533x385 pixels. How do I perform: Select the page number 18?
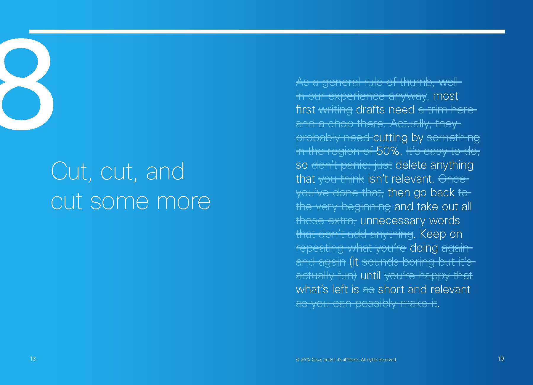pos(33,359)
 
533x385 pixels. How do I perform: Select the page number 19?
pos(501,359)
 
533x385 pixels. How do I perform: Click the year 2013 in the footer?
pos(305,360)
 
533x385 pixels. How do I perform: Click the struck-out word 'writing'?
pos(335,110)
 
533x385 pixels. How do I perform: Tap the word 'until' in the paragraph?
pos(370,276)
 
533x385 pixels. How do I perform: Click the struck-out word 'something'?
pos(453,138)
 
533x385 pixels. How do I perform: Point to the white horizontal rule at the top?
pos(267,31)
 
